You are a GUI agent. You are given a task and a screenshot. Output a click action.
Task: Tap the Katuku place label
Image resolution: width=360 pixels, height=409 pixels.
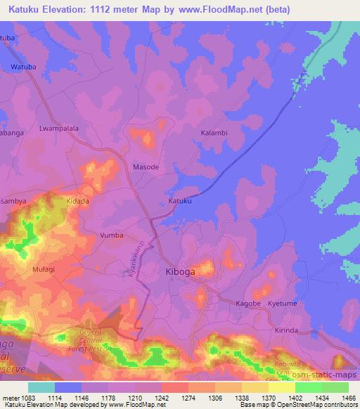[180, 201]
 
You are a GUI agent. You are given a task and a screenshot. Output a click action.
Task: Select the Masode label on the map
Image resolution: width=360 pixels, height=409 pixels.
[146, 167]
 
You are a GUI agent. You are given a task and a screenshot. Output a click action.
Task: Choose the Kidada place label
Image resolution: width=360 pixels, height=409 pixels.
[77, 201]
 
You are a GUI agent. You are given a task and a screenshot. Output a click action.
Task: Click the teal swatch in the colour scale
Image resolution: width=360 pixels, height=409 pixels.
[41, 387]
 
